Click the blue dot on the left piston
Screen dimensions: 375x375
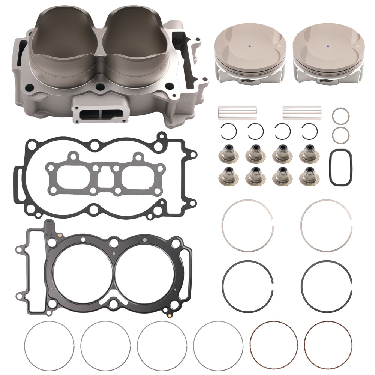[x=250, y=46]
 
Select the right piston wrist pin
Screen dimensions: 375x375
[x=301, y=112]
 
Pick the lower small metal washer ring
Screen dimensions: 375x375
[x=340, y=135]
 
